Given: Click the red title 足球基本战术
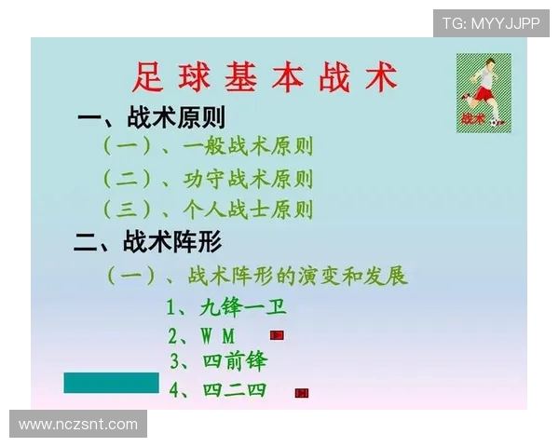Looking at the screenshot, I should pos(266,77).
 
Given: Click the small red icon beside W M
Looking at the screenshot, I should pos(277,334).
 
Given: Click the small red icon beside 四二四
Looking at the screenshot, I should pos(302,393).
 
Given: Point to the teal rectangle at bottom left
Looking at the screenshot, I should pos(111,383).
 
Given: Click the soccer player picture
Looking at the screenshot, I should pos(484,92).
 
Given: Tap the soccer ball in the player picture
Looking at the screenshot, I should pos(498,121).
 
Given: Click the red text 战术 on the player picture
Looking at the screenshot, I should pos(472,119).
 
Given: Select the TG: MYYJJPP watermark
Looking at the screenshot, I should pos(490,23).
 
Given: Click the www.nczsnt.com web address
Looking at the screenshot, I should pos(78,425).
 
